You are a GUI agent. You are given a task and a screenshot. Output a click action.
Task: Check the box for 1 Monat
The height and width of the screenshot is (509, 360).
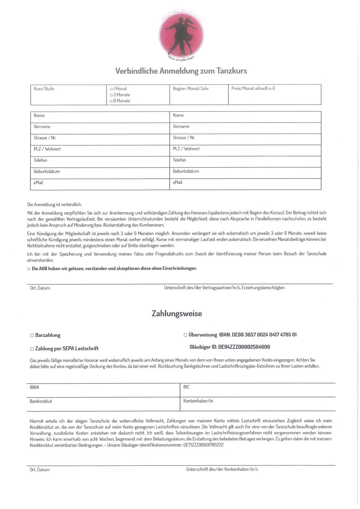click(x=111, y=89)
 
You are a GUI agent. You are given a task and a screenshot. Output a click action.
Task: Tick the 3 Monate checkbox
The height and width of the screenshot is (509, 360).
click(x=111, y=95)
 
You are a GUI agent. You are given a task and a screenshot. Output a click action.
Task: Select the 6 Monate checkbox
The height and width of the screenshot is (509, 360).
click(x=111, y=101)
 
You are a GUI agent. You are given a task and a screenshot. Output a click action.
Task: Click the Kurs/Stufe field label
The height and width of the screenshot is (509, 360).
click(x=44, y=89)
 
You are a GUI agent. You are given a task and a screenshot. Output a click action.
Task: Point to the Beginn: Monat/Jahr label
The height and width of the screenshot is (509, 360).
click(x=191, y=89)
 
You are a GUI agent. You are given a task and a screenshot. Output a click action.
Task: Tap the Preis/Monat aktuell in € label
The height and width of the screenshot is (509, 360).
click(x=253, y=89)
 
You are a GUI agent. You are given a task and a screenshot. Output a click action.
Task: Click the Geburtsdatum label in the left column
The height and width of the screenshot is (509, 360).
click(x=47, y=171)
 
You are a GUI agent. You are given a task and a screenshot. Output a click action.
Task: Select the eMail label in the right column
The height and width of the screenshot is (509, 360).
click(x=178, y=182)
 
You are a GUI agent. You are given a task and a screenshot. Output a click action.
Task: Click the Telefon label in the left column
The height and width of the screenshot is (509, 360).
click(x=41, y=160)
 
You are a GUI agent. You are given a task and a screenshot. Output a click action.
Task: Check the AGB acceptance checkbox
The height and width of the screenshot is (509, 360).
click(x=29, y=269)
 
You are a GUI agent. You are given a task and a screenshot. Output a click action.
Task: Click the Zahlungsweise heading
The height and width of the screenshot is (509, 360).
click(x=177, y=314)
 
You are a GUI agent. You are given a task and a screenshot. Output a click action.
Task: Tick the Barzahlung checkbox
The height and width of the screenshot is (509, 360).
click(x=32, y=335)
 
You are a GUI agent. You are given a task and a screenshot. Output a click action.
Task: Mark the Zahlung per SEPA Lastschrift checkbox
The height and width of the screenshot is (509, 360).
click(x=32, y=349)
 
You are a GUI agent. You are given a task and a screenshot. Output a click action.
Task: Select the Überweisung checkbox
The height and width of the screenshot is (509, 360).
click(x=185, y=335)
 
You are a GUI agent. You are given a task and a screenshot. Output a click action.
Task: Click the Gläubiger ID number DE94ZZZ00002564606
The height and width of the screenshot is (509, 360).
click(x=244, y=347)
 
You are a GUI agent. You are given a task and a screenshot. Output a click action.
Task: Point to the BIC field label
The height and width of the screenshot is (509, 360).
click(x=186, y=387)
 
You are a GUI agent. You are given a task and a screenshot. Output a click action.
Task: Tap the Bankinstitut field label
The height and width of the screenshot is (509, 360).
click(x=41, y=401)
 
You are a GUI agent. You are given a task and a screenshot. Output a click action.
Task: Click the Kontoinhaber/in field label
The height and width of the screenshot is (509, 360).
click(x=198, y=401)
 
